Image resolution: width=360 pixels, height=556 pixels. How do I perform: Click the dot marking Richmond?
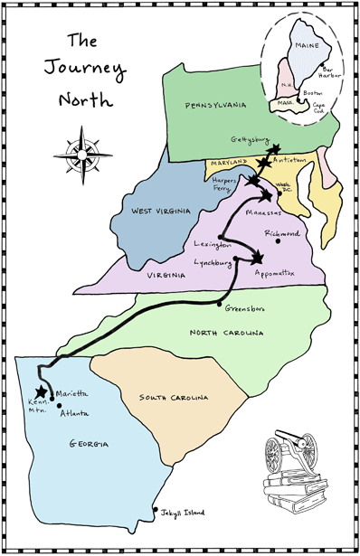[x=279, y=241]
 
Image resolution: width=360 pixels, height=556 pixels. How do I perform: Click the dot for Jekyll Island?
[x=156, y=509]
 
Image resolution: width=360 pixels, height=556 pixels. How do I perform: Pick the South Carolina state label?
[x=175, y=398]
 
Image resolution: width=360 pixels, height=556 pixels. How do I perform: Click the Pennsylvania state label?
[x=215, y=107]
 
